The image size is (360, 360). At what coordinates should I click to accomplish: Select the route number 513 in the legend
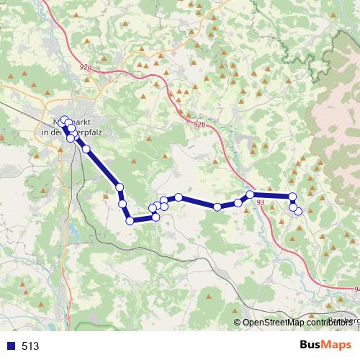pyautogui.click(x=30, y=346)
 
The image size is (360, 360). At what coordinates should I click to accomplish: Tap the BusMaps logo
pyautogui.click(x=325, y=346)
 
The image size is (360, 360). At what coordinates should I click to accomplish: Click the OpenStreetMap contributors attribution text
pyautogui.click(x=292, y=323)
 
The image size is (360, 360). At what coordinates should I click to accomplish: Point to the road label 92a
pyautogui.click(x=87, y=66)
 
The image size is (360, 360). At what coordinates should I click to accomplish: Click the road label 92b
pyautogui.click(x=199, y=125)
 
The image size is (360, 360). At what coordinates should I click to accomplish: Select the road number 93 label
pyautogui.click(x=261, y=202)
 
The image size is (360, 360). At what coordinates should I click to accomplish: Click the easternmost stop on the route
pyautogui.click(x=298, y=210)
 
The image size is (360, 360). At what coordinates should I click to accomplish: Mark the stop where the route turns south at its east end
pyautogui.click(x=292, y=197)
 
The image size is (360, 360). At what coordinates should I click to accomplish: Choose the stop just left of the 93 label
pyautogui.click(x=250, y=194)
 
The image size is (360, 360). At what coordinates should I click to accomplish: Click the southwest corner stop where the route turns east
pyautogui.click(x=130, y=221)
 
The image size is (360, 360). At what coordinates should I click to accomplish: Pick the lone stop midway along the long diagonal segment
pyautogui.click(x=86, y=149)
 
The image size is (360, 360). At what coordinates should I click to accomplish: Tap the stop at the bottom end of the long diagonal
pyautogui.click(x=120, y=187)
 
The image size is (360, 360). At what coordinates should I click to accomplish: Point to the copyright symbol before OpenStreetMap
pyautogui.click(x=237, y=323)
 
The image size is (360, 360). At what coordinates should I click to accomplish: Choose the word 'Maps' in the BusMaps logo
pyautogui.click(x=338, y=346)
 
